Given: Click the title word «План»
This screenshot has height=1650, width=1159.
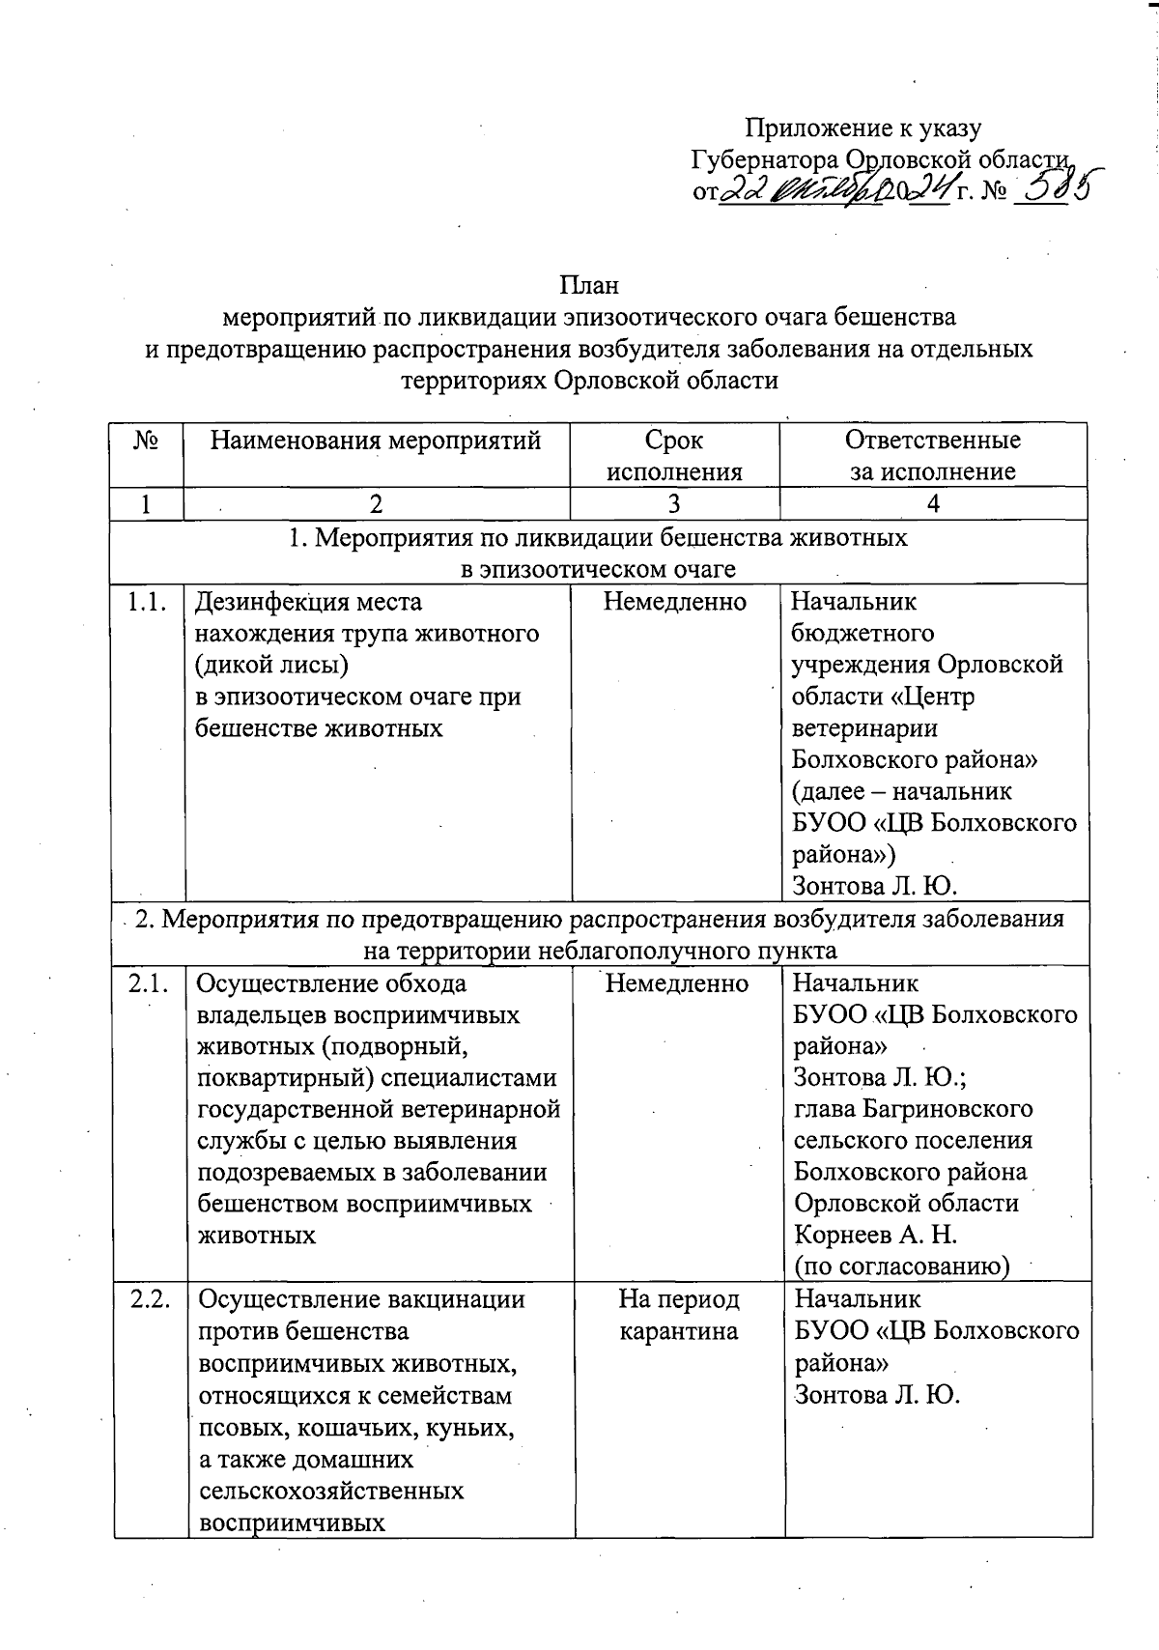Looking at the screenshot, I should click(589, 286).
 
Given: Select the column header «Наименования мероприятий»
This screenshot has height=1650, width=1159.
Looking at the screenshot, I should click(377, 441).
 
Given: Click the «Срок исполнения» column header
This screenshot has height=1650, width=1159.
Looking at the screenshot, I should click(674, 456).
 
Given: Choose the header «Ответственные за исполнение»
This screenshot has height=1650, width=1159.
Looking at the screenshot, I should click(932, 456).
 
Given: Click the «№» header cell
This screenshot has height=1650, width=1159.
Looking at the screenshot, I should click(147, 441).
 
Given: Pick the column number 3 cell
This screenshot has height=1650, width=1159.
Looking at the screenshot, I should click(674, 503).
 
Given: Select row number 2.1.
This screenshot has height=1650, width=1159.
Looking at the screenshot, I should click(149, 983).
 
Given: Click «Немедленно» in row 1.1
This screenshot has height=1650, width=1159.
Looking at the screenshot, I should click(675, 602).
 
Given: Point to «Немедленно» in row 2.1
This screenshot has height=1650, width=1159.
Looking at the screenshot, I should click(677, 983).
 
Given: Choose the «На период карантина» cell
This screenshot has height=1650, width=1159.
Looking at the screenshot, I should click(679, 1315).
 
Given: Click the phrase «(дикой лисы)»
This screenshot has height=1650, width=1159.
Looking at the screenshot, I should click(271, 666).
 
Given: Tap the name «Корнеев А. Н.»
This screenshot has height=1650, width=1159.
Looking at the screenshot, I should click(875, 1235).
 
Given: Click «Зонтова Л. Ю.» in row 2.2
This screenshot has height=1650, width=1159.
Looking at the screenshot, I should click(877, 1394).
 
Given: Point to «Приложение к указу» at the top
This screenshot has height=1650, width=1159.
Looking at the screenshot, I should click(863, 128).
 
